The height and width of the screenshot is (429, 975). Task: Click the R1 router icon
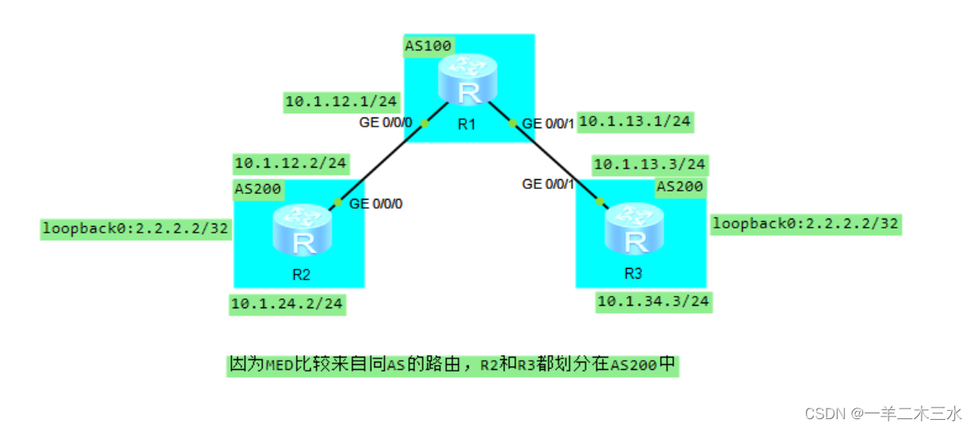[467, 81]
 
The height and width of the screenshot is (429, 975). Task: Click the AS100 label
[428, 45]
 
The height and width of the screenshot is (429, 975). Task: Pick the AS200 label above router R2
[258, 190]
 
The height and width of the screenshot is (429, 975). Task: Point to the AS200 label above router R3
[680, 187]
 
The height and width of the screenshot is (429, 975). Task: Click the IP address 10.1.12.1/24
[341, 102]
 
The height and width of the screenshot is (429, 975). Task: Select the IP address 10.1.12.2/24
[290, 163]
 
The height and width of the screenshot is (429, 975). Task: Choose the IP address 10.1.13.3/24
[649, 164]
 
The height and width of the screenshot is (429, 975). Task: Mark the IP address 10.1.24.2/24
[287, 304]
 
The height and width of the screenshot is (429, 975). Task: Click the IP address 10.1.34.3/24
[652, 302]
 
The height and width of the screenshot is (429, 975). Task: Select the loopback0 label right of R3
[806, 223]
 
